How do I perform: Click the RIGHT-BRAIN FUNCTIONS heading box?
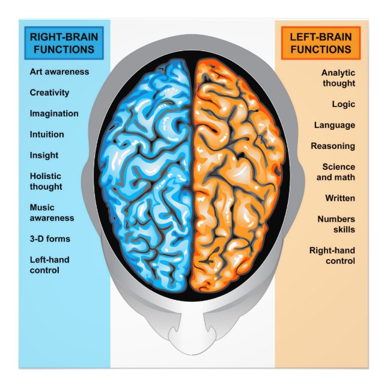point(64,43)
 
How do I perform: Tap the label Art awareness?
point(59,72)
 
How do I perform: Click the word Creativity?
point(49,93)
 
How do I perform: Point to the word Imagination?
point(54,114)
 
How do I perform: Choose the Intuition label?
point(47,135)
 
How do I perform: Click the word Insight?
point(44,155)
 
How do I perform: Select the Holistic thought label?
point(46,181)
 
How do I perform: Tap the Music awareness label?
point(52,213)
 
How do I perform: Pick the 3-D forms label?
point(50,239)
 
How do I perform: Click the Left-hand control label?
point(49,265)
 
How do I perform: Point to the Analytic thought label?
point(338,78)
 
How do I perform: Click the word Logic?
point(343,104)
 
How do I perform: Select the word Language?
point(334,125)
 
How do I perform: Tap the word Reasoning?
point(332,146)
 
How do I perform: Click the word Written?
point(340,198)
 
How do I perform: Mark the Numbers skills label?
point(336,224)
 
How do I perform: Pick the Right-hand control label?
point(332,255)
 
